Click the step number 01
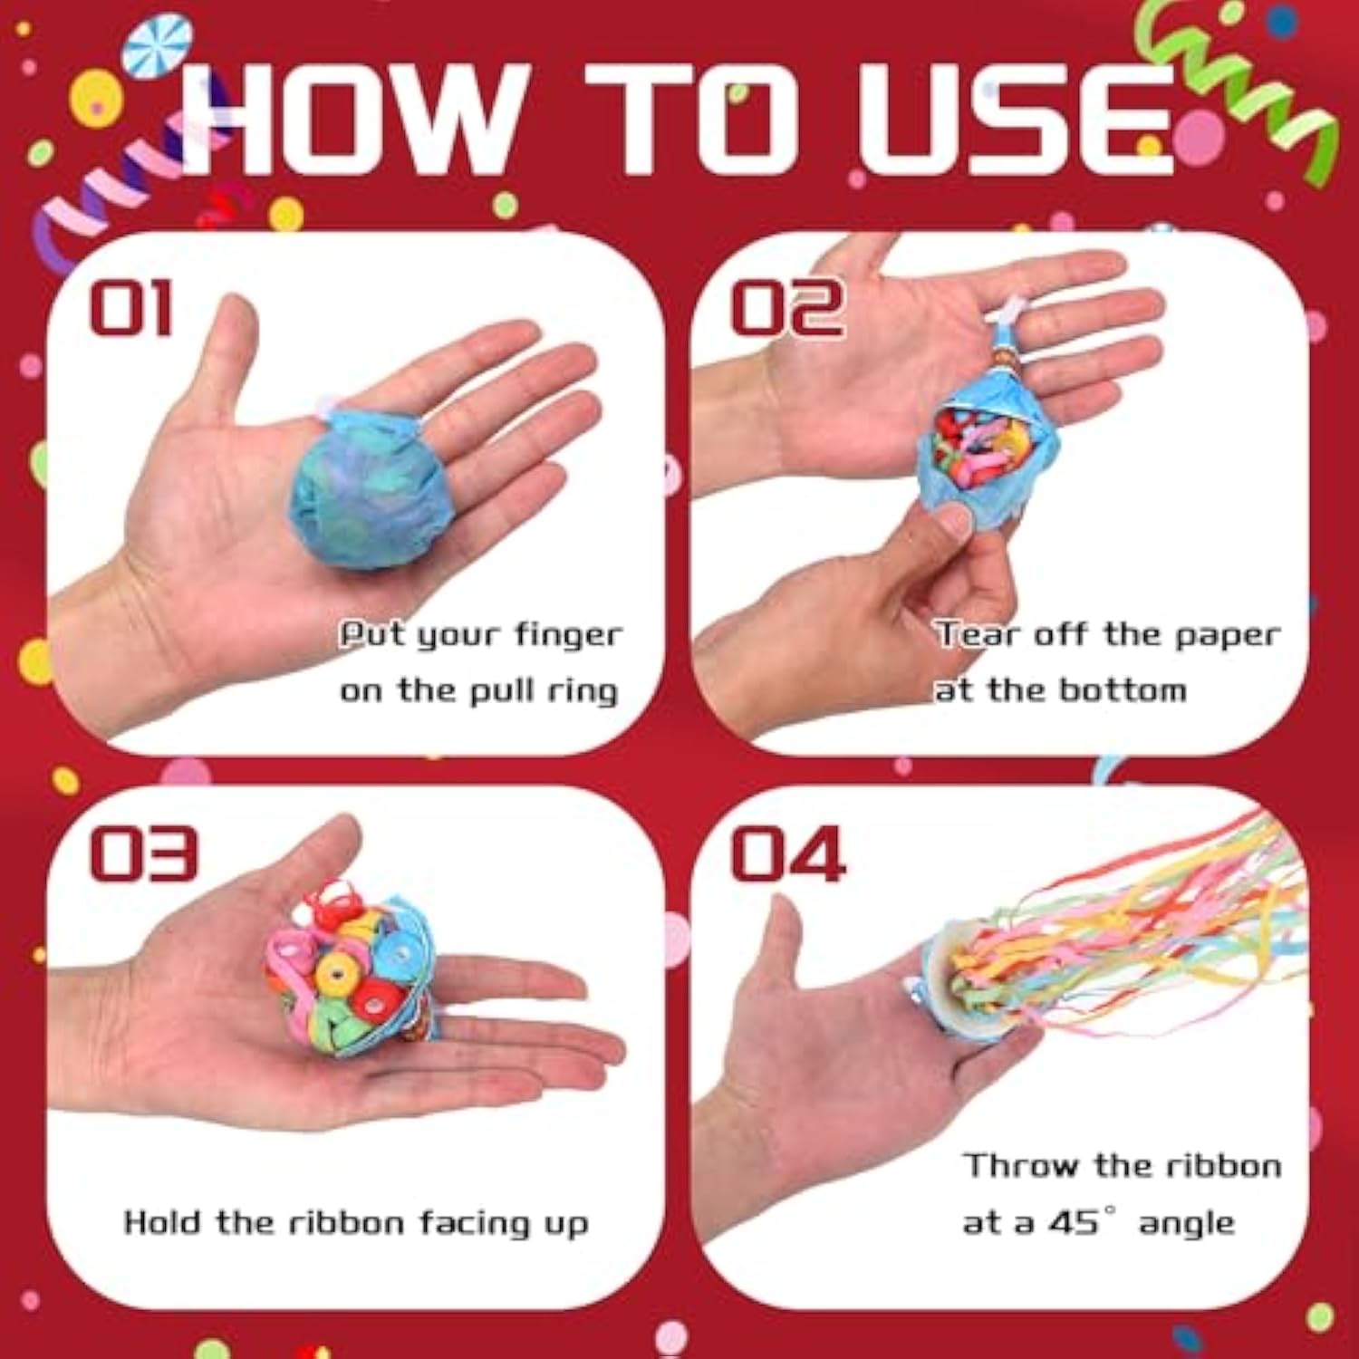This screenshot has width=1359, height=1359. (x=130, y=308)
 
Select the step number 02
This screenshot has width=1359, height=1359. (x=786, y=308)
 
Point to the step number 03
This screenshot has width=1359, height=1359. (x=142, y=853)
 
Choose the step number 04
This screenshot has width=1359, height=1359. (x=786, y=853)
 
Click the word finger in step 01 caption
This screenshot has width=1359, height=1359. (x=568, y=635)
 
